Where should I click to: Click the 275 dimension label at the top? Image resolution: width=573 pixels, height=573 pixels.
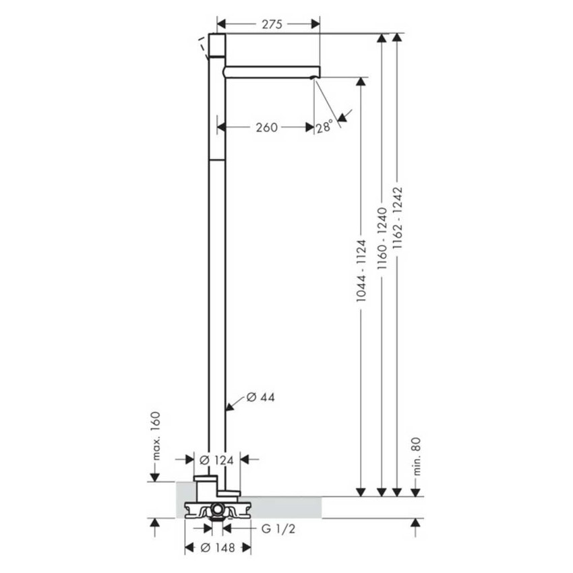click(271, 24)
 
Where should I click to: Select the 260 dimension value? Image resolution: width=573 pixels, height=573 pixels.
click(266, 127)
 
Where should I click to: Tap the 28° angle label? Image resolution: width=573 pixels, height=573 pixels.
click(324, 126)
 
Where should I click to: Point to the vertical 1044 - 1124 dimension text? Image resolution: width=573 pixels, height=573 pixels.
click(361, 270)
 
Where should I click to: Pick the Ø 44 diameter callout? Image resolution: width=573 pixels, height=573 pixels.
click(260, 397)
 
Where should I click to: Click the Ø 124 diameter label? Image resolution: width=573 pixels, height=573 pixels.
click(217, 460)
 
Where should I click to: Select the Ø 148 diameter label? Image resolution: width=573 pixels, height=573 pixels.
click(217, 547)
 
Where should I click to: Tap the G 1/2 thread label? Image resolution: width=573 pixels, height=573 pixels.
click(277, 529)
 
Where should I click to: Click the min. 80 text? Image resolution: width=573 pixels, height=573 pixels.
click(416, 456)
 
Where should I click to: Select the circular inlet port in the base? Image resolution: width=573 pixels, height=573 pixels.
click(217, 508)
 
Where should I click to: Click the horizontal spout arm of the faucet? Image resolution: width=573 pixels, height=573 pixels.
click(270, 71)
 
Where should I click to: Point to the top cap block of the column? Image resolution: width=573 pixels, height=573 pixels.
click(216, 45)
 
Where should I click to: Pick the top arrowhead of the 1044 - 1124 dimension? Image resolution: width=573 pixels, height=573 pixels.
click(361, 82)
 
